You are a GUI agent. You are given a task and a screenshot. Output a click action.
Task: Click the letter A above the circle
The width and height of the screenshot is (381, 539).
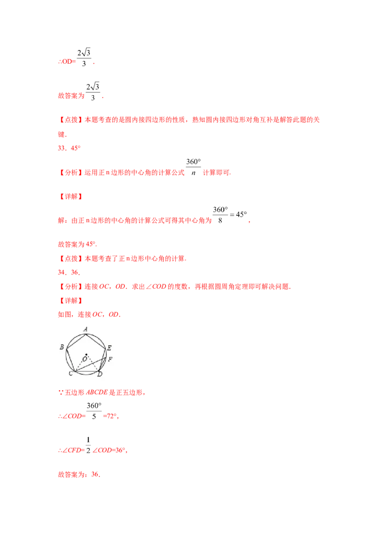click(x=85, y=329)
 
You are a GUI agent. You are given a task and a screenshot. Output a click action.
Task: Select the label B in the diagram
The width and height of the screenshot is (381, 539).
click(x=62, y=348)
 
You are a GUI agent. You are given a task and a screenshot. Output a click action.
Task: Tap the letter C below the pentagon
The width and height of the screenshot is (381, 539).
click(x=70, y=373)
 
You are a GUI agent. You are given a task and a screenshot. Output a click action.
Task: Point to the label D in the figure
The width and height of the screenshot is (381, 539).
click(x=100, y=374)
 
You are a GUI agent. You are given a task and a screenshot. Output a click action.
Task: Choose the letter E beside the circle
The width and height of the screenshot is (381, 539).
click(x=109, y=348)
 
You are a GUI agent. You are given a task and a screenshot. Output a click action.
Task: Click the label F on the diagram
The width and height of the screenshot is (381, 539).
click(x=110, y=359)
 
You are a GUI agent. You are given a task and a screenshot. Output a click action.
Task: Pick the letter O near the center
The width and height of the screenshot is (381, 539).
click(x=85, y=359)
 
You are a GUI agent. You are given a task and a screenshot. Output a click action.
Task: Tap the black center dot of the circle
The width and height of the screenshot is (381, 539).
click(x=86, y=354)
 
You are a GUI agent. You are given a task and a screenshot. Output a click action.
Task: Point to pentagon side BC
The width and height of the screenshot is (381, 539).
click(x=70, y=358)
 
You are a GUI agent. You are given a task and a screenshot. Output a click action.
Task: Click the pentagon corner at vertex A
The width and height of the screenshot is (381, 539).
click(x=86, y=333)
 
